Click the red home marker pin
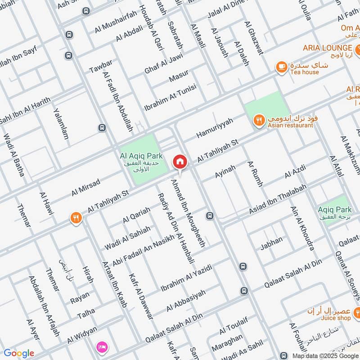point(180,162)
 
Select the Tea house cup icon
point(282,67)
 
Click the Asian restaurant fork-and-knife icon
point(258,120)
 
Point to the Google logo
point(18,353)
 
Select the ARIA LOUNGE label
point(327,48)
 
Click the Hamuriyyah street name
point(215,128)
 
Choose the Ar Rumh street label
point(255,173)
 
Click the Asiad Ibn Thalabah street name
point(278,199)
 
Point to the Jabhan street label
point(271,243)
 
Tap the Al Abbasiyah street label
point(185,301)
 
